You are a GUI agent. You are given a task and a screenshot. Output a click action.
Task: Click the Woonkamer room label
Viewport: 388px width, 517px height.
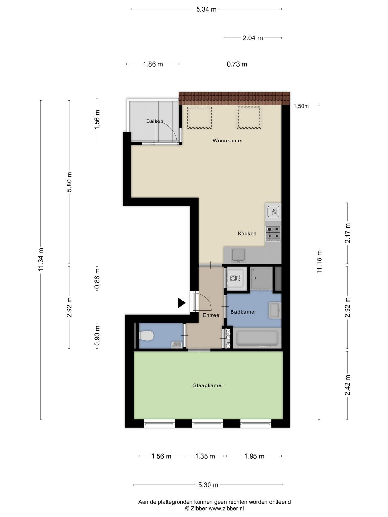tap(228, 141)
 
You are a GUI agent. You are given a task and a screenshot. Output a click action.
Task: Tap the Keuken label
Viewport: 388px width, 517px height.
tap(247, 233)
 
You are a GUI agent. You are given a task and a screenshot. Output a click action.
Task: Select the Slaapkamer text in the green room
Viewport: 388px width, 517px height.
tap(208, 385)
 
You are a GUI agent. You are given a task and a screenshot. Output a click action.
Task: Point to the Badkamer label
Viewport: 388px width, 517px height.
tap(243, 312)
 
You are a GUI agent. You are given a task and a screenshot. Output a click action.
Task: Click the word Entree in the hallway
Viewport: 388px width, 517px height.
tap(211, 315)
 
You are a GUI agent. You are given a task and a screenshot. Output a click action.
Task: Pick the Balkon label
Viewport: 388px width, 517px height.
tap(155, 121)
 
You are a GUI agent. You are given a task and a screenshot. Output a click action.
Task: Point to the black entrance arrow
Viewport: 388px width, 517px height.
tap(182, 303)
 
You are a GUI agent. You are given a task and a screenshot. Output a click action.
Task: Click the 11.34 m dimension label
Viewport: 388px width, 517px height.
tap(41, 259)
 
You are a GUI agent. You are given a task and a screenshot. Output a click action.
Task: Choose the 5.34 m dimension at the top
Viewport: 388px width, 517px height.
tap(206, 9)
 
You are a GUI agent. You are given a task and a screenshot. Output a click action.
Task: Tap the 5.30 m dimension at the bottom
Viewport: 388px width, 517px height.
tap(208, 485)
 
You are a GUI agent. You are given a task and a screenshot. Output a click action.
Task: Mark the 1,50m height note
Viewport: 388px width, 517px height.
tap(301, 106)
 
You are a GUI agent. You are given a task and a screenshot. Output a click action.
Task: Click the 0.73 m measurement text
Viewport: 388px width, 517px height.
tap(237, 64)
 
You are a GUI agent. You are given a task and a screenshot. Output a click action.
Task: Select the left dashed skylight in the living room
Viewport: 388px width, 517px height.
tap(199, 118)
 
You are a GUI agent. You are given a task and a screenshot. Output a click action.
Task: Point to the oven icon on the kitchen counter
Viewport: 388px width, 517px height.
tap(273, 212)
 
